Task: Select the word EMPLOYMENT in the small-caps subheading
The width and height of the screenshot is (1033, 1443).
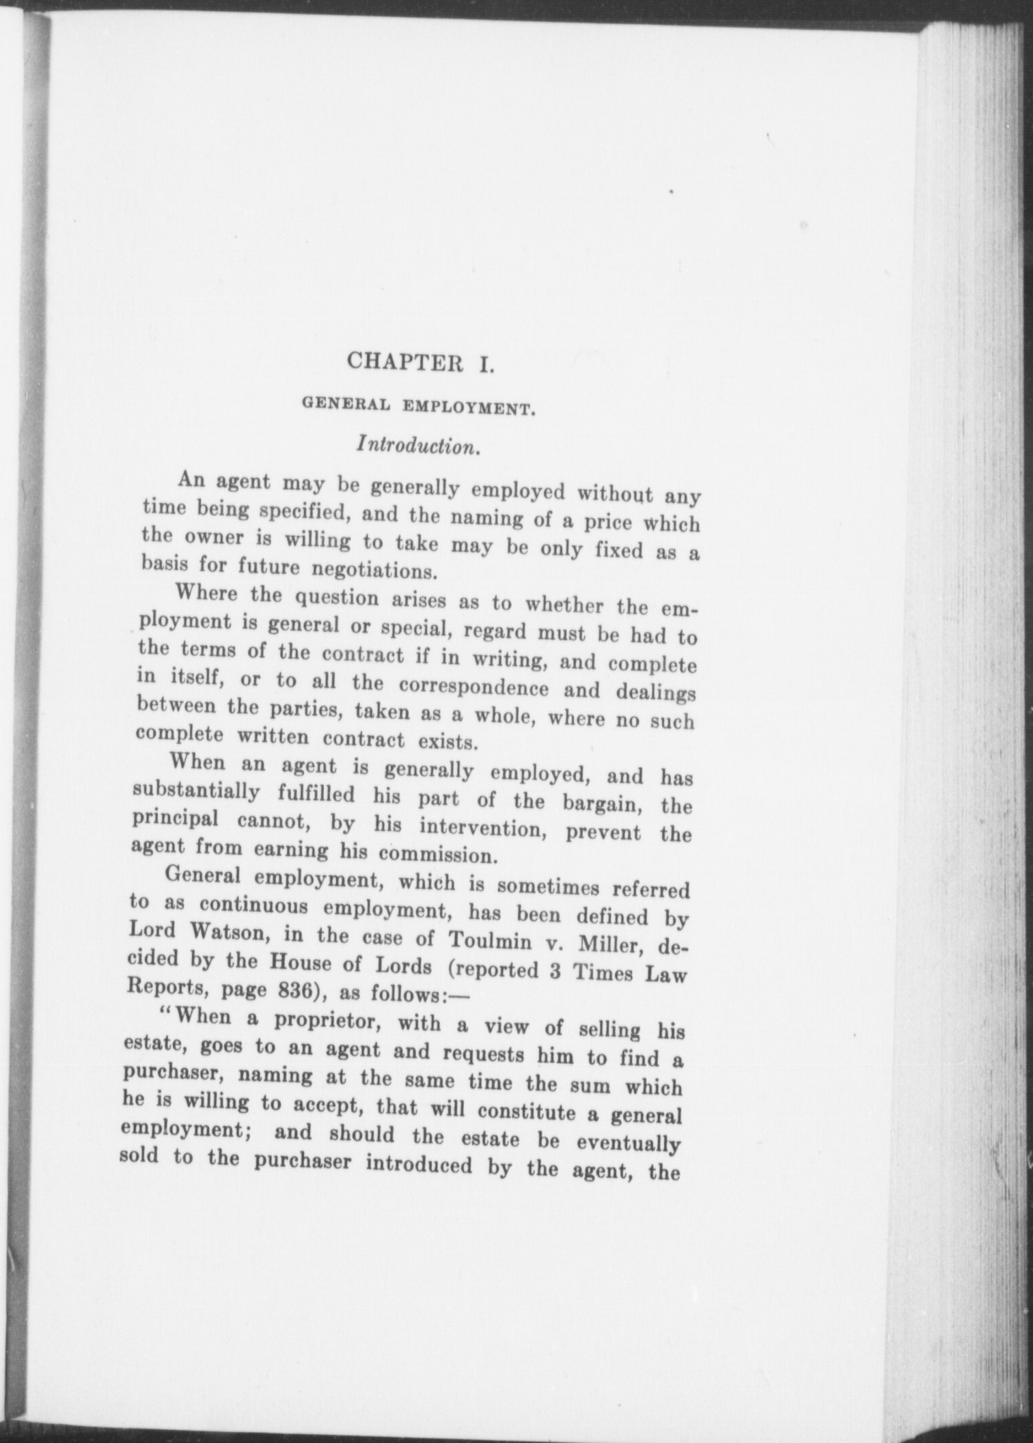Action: click(467, 409)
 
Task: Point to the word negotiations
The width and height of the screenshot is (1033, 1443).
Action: click(374, 568)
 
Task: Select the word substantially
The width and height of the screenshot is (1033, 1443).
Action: click(195, 792)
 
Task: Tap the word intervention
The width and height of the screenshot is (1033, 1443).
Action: click(487, 829)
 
